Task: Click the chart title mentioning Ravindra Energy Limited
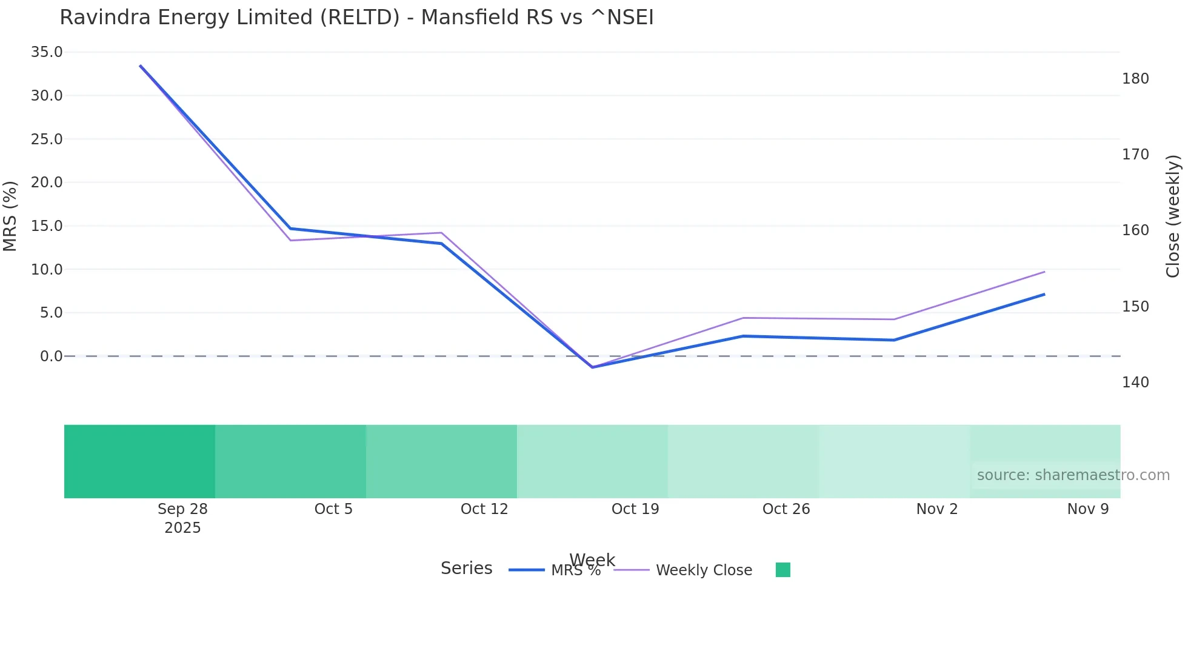point(356,18)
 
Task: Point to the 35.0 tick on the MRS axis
point(47,52)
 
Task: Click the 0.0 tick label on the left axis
point(51,356)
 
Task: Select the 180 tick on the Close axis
point(1135,79)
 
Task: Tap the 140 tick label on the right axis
point(1135,382)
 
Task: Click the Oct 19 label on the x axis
point(635,509)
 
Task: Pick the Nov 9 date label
point(1087,509)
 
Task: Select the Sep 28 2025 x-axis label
point(182,518)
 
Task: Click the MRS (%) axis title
point(10,216)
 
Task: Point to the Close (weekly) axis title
point(1173,216)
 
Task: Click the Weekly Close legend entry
point(703,570)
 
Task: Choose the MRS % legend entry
point(575,570)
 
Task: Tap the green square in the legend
point(783,570)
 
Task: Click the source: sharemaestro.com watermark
point(1073,475)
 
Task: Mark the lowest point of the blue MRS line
point(592,367)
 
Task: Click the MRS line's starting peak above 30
point(141,66)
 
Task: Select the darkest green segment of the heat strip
point(139,461)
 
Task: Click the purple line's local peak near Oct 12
point(442,233)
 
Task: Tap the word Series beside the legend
point(466,569)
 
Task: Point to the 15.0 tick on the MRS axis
point(47,226)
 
